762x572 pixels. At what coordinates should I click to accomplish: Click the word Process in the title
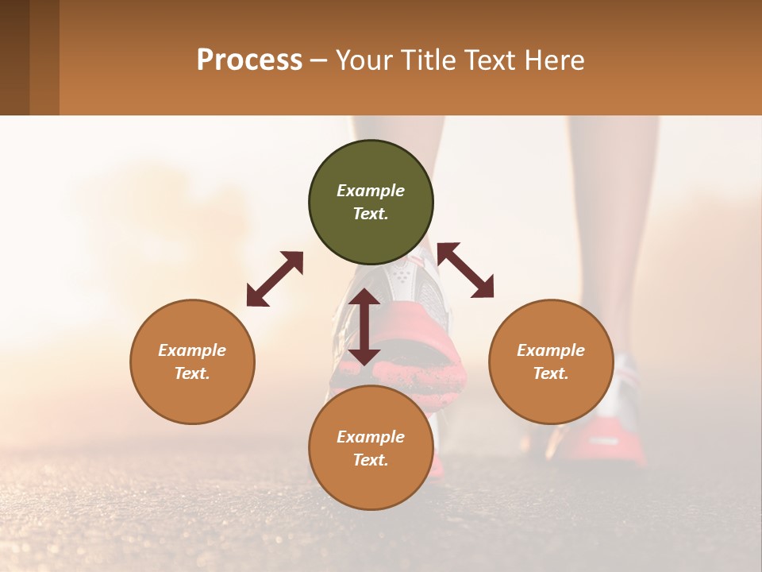(x=249, y=60)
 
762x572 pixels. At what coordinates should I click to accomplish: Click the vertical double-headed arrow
(x=364, y=327)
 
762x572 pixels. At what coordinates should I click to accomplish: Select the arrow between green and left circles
(x=275, y=279)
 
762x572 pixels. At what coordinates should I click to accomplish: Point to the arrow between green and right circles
(x=465, y=270)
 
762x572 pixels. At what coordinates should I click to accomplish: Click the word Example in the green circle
(x=371, y=191)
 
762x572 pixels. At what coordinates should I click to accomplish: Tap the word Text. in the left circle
(x=192, y=373)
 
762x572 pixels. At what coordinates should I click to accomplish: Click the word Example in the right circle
(x=551, y=350)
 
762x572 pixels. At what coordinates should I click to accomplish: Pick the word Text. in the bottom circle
(x=371, y=460)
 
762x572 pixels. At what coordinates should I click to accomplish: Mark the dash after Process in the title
(x=318, y=60)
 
